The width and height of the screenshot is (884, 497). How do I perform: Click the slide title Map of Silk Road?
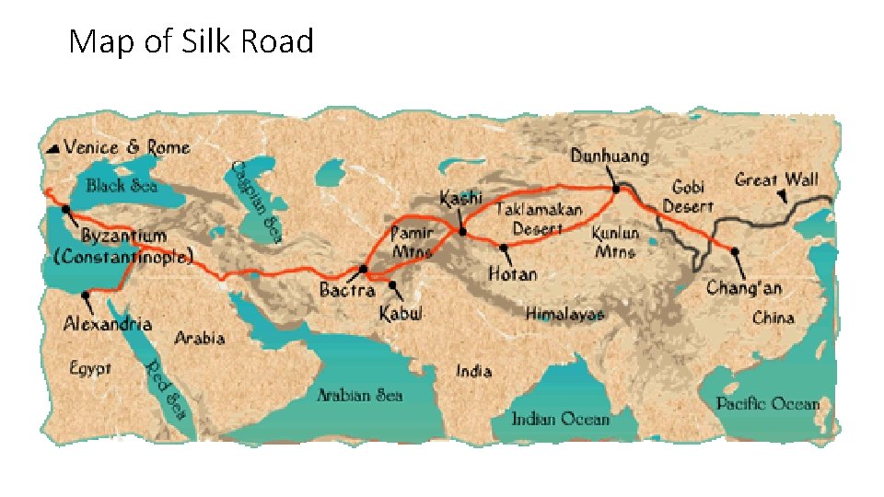192,41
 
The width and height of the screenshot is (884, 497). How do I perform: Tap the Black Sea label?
122,186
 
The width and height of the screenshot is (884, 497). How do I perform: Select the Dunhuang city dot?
615,189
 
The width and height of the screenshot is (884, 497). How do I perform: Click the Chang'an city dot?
734,250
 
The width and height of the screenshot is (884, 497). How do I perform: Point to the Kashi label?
460,198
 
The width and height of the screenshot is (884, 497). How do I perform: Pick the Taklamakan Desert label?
540,219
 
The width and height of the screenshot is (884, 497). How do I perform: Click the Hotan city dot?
503,248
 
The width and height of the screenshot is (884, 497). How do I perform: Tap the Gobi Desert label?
688,196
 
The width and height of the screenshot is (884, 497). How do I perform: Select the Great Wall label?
776,179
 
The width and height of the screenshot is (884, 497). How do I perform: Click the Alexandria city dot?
85,295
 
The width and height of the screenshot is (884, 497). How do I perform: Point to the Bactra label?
347,290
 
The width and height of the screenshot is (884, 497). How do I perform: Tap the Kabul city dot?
393,285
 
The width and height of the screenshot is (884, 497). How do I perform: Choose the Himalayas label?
565,315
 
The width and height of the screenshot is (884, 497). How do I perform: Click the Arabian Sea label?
360,395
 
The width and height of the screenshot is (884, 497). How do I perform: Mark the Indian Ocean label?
560,419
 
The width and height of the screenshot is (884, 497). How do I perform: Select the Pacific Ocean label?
768,403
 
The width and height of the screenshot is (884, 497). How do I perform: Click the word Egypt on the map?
91,368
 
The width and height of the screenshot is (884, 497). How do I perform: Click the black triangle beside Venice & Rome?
55,147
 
